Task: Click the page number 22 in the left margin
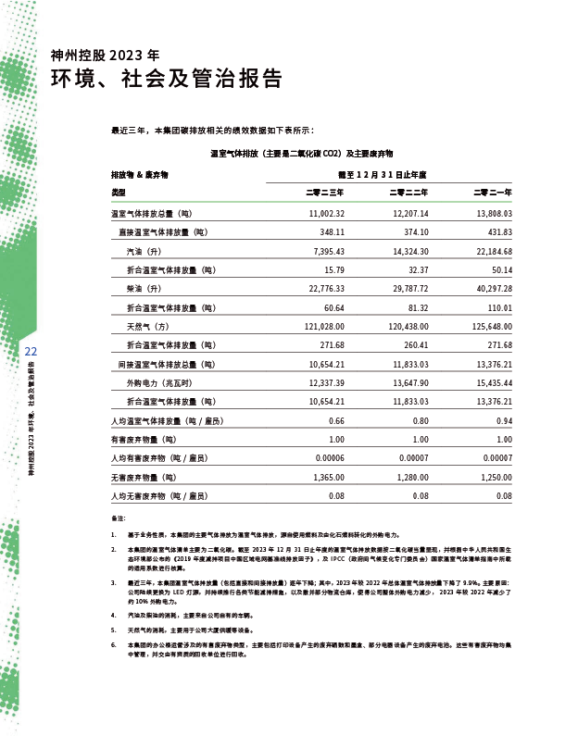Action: coord(30,352)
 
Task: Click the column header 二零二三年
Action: coord(326,193)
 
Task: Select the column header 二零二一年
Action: coord(493,193)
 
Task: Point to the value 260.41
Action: coord(416,345)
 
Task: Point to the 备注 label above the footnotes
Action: coord(117,518)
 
